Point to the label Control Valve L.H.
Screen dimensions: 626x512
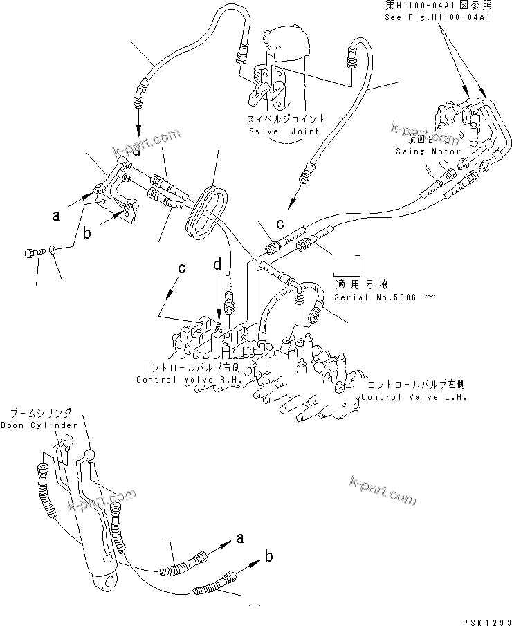pyautogui.click(x=414, y=397)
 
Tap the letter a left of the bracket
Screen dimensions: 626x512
pyautogui.click(x=57, y=216)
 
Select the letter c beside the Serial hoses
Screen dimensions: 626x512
pyautogui.click(x=279, y=223)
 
